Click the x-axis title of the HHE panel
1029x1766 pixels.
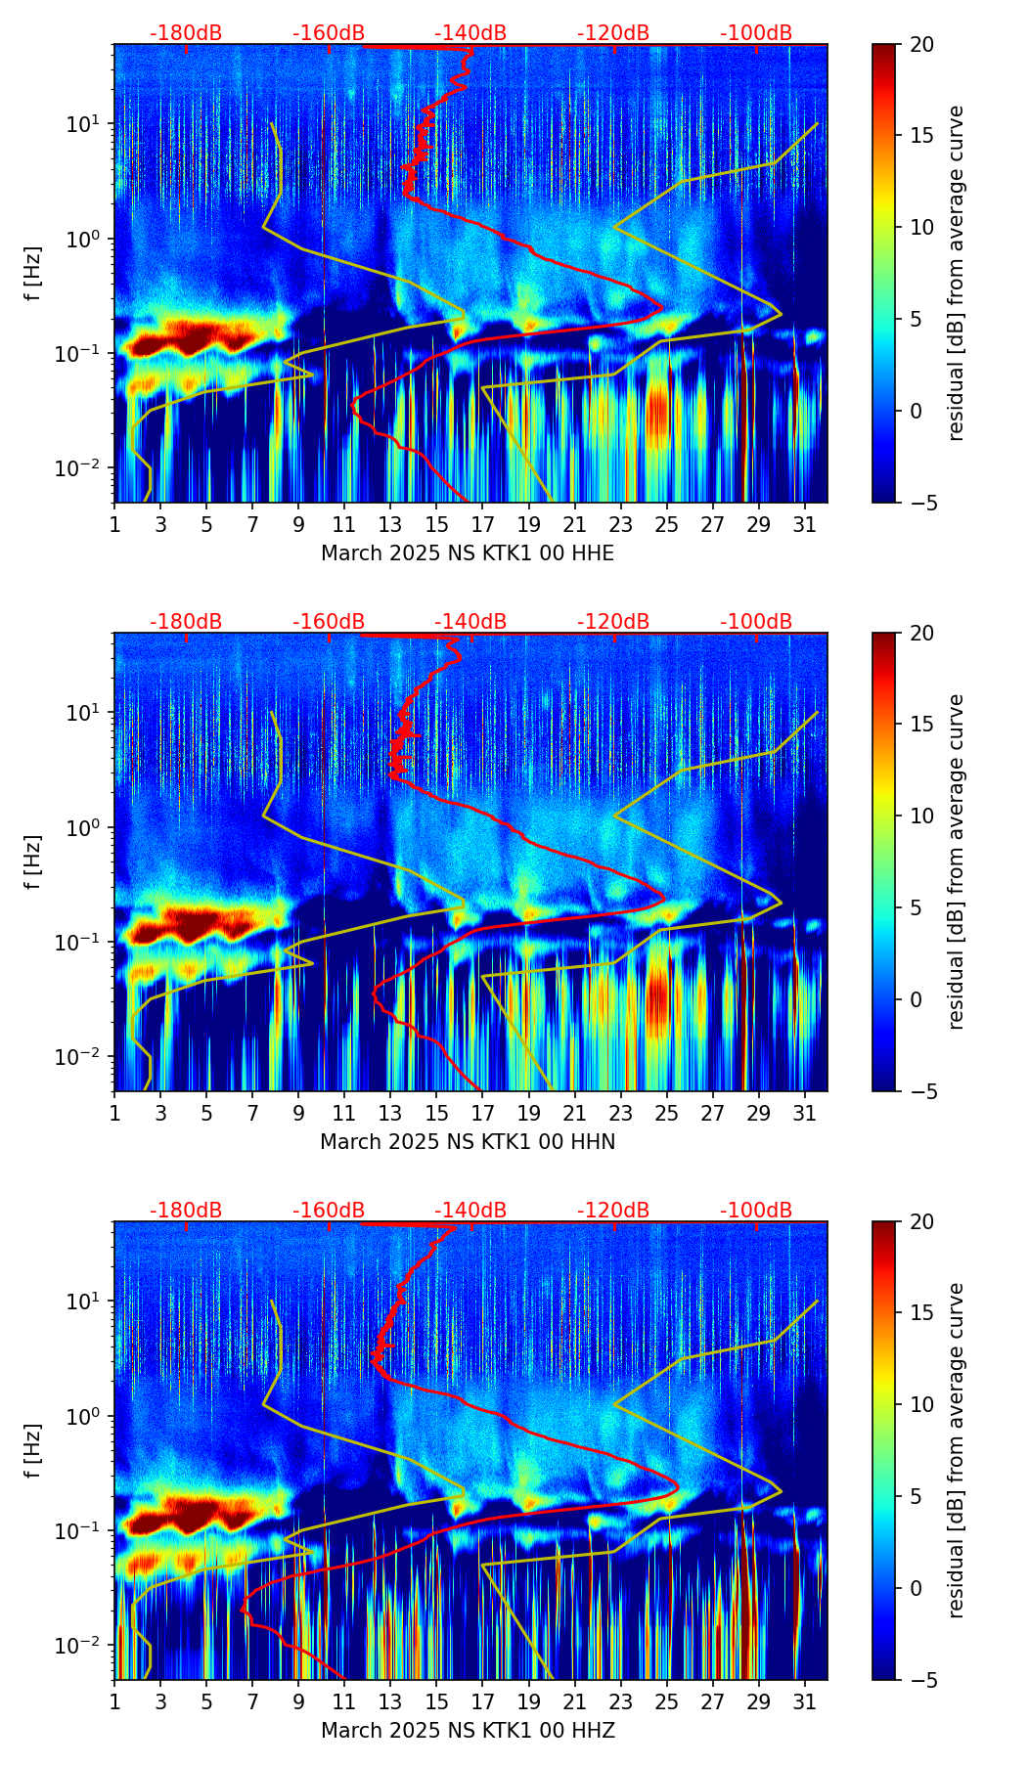point(468,553)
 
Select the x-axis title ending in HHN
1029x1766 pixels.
point(468,1142)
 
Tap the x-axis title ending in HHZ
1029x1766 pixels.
point(468,1731)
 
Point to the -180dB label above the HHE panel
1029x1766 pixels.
point(186,33)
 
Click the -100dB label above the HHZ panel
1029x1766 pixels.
point(756,1211)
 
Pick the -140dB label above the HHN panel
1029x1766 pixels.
point(470,622)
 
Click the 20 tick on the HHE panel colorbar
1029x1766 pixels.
point(920,45)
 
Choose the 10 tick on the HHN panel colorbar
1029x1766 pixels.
point(920,816)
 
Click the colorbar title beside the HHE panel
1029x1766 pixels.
point(956,274)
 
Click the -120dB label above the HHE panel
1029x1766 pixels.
point(613,33)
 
